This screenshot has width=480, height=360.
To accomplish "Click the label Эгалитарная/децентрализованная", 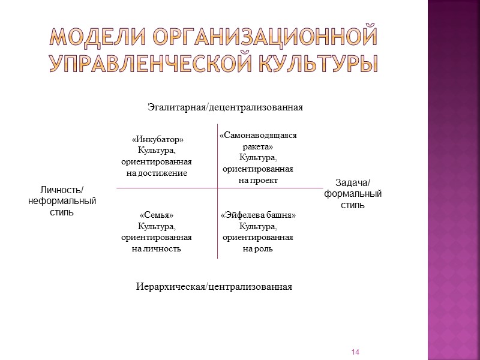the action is point(226,107).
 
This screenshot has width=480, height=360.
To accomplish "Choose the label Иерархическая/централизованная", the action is point(214,287).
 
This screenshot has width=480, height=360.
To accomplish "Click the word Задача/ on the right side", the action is point(353,183).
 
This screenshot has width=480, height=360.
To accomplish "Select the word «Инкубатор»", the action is point(157,140).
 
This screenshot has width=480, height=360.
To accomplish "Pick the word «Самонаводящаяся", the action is point(258,136).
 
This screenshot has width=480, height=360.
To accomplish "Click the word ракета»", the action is point(258,146).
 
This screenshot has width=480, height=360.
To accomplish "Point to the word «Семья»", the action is point(157,215).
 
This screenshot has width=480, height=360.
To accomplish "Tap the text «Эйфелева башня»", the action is point(258,215).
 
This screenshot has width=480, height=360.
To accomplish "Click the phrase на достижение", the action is point(157,173).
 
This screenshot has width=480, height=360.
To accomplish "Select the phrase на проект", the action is point(258,180).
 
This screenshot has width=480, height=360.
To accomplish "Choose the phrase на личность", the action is point(157,248).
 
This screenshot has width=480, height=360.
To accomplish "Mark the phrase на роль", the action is point(258,248).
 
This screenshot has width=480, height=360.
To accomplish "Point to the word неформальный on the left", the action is point(62,201).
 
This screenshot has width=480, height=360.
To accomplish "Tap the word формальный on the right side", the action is point(353,194).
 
